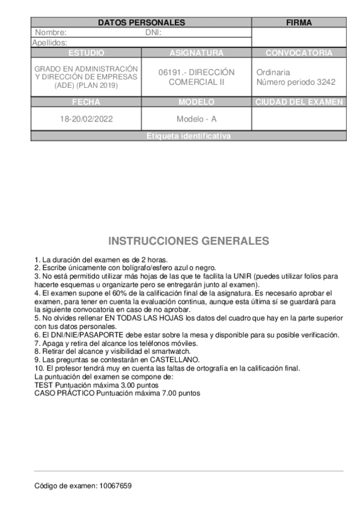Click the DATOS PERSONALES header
(x=141, y=23)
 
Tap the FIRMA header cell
(x=299, y=23)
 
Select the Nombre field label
(x=51, y=33)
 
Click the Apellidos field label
(x=49, y=43)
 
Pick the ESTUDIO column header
(x=86, y=53)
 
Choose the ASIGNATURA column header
(x=197, y=53)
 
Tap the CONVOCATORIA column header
(x=299, y=53)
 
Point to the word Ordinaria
(x=273, y=72)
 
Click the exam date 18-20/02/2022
(x=86, y=118)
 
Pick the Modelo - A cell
(x=197, y=118)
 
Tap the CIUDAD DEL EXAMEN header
(x=299, y=102)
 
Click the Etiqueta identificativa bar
(x=188, y=137)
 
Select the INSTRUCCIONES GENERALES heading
(x=189, y=241)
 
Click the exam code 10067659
(x=114, y=485)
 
